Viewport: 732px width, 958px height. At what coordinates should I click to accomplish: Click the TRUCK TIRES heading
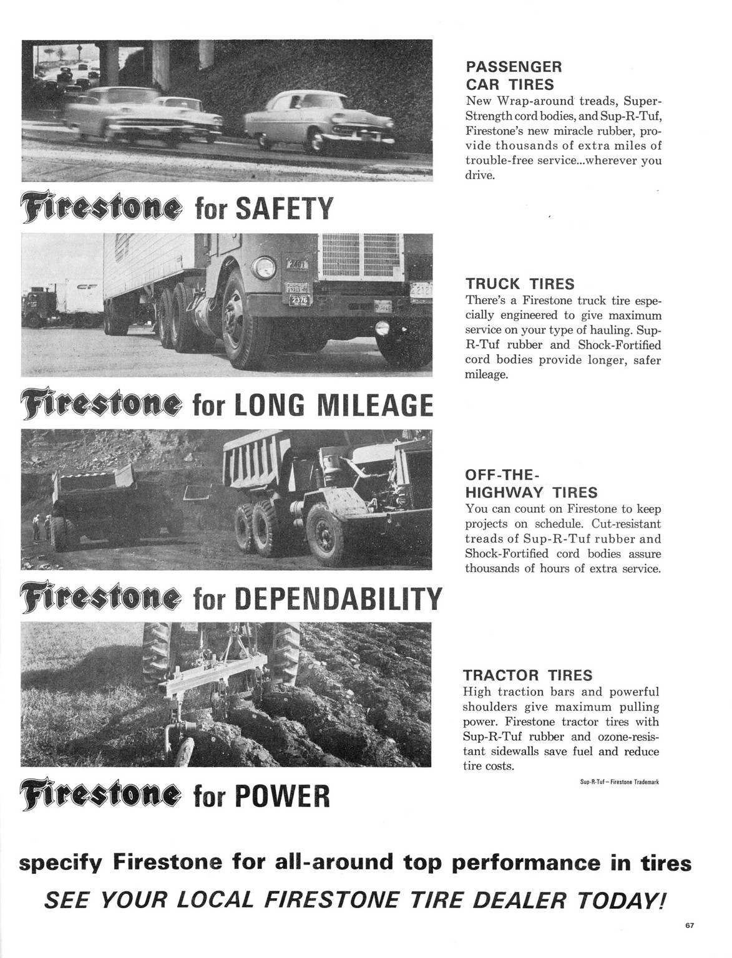(x=519, y=284)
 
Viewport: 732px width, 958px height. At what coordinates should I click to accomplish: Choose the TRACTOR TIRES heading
(x=527, y=675)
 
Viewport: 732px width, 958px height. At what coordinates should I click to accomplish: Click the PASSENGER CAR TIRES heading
(x=514, y=75)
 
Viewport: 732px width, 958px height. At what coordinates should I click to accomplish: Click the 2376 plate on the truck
(x=291, y=300)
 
